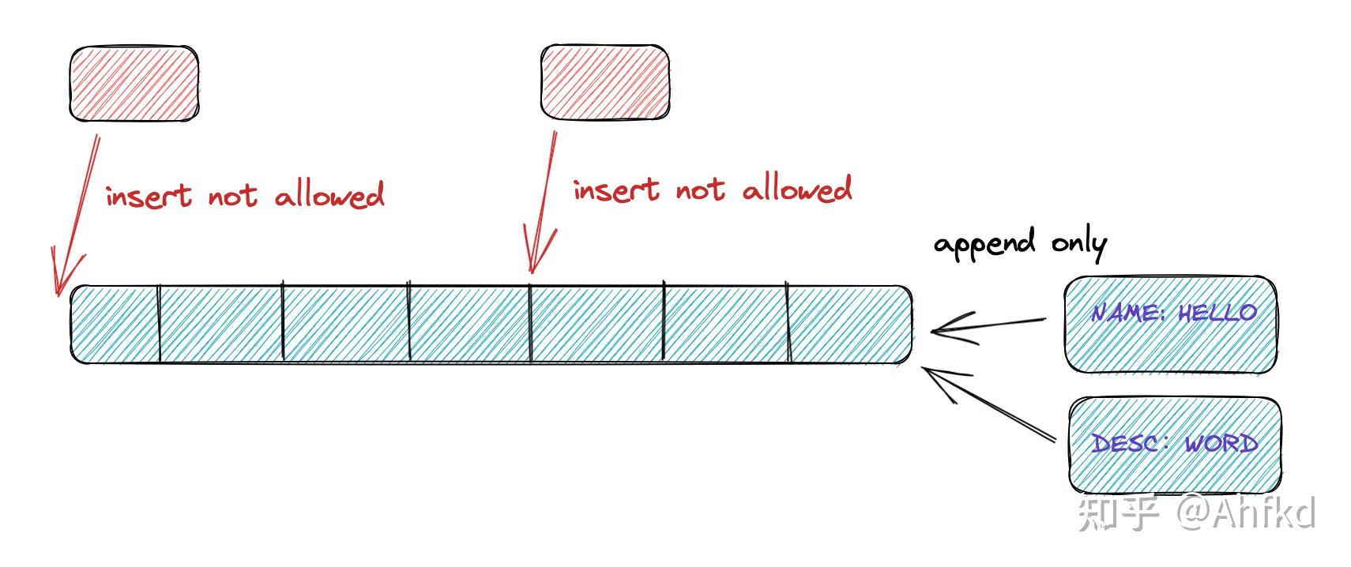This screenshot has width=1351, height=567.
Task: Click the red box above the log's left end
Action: [x=134, y=84]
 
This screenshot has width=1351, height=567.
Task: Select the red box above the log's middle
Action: [x=605, y=82]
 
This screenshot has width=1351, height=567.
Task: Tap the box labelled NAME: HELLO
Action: [x=1170, y=324]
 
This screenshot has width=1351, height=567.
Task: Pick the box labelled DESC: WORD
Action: [x=1174, y=445]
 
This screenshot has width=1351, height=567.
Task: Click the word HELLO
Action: [x=1217, y=313]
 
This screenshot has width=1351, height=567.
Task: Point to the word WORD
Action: [x=1221, y=443]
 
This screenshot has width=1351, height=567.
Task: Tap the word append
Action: [x=984, y=245]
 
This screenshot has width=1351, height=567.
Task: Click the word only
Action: [x=1078, y=245]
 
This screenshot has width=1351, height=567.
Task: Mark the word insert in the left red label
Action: [x=149, y=196]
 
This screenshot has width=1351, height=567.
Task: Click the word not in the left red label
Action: [x=232, y=196]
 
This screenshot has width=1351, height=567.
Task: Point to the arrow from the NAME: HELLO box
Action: [x=988, y=325]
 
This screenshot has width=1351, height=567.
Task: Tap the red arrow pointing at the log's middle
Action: [x=543, y=201]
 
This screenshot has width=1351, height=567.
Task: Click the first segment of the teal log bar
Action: [x=115, y=324]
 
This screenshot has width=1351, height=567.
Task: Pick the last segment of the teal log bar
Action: [x=850, y=324]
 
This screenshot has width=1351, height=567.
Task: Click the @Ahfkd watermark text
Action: [x=1245, y=513]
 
